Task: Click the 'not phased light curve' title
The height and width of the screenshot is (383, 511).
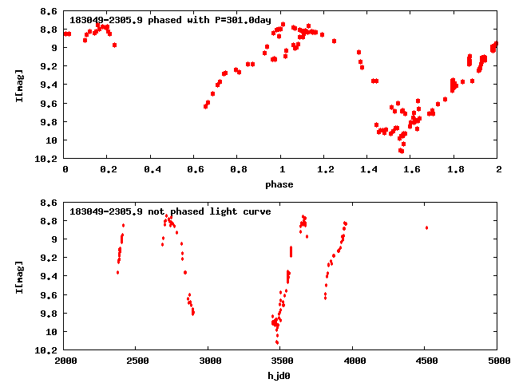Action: pyautogui.click(x=170, y=211)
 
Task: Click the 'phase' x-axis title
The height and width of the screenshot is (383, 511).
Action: pyautogui.click(x=280, y=184)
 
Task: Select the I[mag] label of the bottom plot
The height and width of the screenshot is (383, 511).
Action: pyautogui.click(x=19, y=277)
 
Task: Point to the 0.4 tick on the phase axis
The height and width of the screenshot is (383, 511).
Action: pyautogui.click(x=151, y=169)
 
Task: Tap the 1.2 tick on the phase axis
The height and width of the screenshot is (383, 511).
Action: pyautogui.click(x=324, y=169)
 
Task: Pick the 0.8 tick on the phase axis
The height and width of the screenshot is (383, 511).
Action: pyautogui.click(x=237, y=169)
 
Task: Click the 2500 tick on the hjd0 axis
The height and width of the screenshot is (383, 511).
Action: pyautogui.click(x=137, y=360)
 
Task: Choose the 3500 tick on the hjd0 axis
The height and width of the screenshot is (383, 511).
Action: pyautogui.click(x=280, y=360)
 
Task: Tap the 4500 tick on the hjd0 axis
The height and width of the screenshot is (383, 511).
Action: pyautogui.click(x=425, y=360)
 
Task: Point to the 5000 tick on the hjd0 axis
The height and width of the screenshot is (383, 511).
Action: pyautogui.click(x=497, y=360)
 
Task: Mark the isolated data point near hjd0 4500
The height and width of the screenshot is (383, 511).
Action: pyautogui.click(x=427, y=227)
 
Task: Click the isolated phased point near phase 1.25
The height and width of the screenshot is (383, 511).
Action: pyautogui.click(x=334, y=41)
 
